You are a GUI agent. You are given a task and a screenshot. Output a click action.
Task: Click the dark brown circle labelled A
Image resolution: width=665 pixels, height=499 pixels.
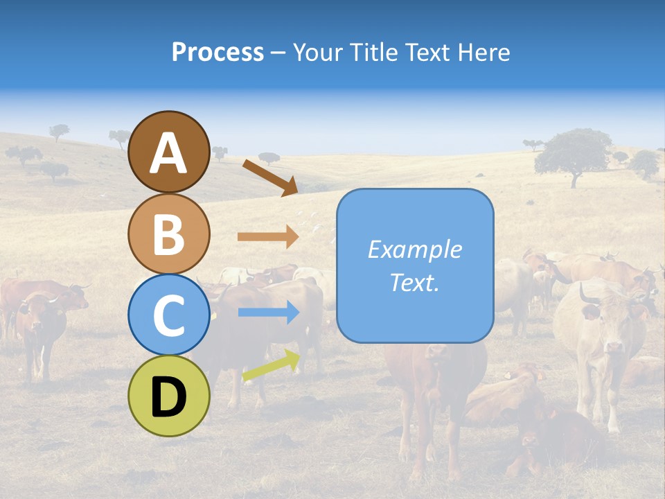coord(168,152)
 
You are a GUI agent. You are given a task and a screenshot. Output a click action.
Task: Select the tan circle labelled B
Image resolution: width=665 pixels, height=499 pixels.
coord(168,234)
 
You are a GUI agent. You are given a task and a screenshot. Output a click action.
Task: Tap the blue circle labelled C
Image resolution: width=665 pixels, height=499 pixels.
coord(168,315)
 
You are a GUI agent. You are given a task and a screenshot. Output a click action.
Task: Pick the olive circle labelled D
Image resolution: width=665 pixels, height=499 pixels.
coord(168,396)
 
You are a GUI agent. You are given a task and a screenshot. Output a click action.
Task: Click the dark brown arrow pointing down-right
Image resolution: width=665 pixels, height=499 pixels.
coord(270,177)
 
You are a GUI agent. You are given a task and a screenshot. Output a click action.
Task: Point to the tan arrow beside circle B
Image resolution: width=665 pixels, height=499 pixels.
coord(267,236)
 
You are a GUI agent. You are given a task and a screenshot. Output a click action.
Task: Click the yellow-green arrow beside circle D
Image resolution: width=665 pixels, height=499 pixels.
coord(271,366)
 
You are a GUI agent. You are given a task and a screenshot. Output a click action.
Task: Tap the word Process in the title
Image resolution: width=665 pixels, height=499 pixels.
coord(218,52)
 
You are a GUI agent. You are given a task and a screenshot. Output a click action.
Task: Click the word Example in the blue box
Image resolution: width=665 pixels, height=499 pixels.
coord(414,249)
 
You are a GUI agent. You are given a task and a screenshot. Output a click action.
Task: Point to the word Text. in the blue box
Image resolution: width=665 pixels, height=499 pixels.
coord(414,283)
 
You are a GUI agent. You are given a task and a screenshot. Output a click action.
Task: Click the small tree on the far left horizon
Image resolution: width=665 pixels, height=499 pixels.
coord(60,130)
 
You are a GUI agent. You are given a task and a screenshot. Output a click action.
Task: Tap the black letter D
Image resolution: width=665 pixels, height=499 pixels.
coord(168,398)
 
